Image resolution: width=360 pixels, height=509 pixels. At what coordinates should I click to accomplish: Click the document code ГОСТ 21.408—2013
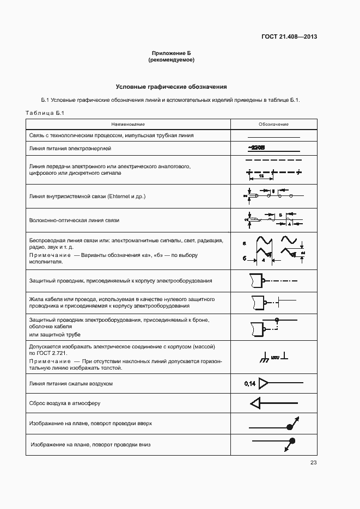coord(289,37)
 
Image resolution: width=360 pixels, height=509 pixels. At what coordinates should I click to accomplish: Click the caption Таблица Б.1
coord(45,113)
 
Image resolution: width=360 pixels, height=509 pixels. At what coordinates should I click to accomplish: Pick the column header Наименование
coord(128,124)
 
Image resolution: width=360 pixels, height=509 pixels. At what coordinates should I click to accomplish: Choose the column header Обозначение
coord(273,124)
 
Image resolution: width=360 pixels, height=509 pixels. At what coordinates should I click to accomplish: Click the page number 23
coord(313,463)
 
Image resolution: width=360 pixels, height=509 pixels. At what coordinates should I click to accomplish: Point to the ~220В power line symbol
coord(256,147)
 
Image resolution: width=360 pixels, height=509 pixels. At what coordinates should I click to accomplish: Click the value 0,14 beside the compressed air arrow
coord(250,384)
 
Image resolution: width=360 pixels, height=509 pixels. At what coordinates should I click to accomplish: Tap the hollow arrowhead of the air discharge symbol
coord(257,403)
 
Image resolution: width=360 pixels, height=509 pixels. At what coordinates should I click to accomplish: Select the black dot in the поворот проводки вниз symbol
coord(291,441)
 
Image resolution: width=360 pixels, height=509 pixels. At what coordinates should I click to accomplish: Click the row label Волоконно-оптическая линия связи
coord(74,220)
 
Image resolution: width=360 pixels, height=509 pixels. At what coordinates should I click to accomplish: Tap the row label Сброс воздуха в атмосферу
coord(65,403)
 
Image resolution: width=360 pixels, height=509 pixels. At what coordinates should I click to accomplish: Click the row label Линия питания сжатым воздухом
coord(71,384)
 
